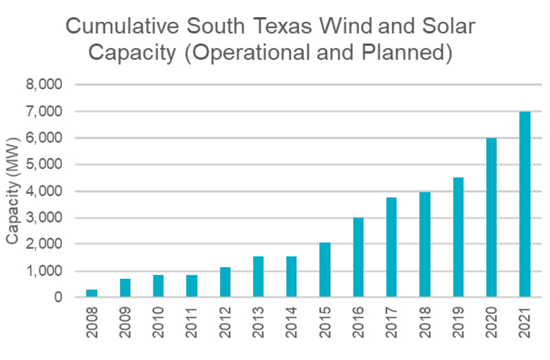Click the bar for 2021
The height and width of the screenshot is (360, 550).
[525, 205]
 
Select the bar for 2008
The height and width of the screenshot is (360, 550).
[91, 293]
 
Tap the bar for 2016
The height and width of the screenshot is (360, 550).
[358, 258]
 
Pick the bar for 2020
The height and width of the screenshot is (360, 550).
[492, 218]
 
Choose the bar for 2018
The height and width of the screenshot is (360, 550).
[425, 245]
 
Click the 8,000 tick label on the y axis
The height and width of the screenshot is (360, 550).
[43, 85]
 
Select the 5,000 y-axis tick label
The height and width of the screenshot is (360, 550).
[43, 165]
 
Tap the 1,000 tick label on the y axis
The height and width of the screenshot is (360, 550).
[43, 271]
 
